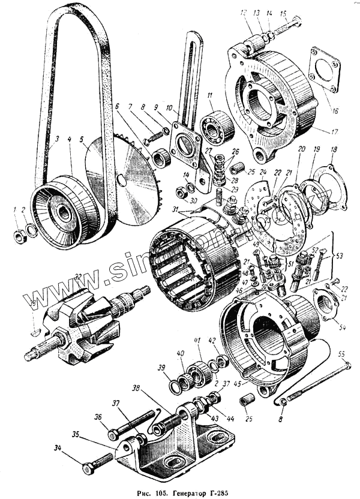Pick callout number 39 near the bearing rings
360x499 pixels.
[160, 368]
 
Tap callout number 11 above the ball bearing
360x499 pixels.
[210, 95]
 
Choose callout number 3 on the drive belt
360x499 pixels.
[56, 140]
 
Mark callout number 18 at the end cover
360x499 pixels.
[334, 149]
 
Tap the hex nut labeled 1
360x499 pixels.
[19, 235]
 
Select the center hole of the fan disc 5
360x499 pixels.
[122, 179]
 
